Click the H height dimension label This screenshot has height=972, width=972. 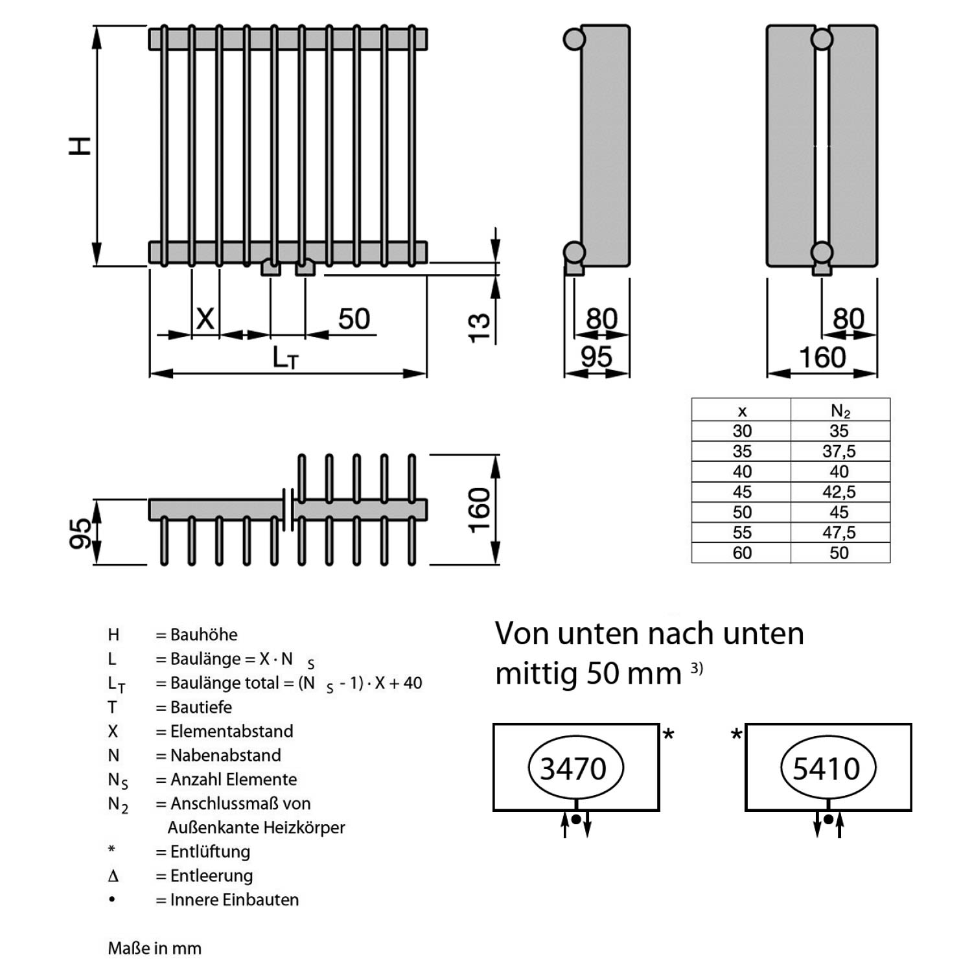coord(80,146)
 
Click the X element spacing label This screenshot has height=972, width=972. coord(205,319)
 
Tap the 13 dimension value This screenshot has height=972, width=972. coord(479,327)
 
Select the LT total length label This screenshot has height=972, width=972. coord(285,357)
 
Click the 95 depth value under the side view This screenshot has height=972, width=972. coord(596,357)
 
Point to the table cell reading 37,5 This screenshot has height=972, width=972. coord(839,451)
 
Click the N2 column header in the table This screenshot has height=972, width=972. coord(840,411)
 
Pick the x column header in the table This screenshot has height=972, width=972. coord(742,411)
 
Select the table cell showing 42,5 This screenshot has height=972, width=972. coord(839,492)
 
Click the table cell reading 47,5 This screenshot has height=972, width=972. coord(839,533)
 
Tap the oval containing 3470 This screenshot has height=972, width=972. coord(573,769)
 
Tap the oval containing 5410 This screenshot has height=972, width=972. coord(826,769)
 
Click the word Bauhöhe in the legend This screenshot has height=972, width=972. coord(203,634)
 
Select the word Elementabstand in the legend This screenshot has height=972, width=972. coord(231,731)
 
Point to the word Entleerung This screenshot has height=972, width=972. coord(211,875)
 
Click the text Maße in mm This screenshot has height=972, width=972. coord(154,948)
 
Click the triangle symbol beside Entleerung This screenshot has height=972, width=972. coord(113,876)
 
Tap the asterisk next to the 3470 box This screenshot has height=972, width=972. coord(669,735)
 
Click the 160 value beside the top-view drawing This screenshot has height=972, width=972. coord(479,510)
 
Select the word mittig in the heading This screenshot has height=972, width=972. coord(536,674)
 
